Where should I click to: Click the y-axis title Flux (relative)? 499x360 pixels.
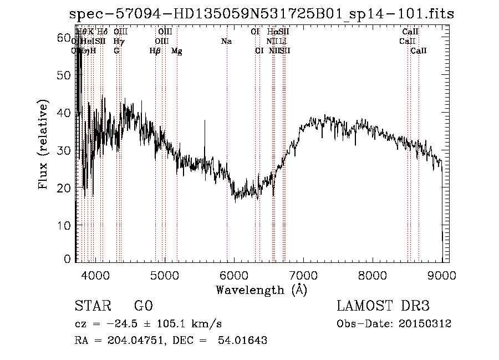click(x=43, y=145)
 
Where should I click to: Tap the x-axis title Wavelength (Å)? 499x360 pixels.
click(x=261, y=290)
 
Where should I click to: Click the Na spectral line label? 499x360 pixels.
click(x=226, y=41)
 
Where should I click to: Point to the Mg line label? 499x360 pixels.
click(x=177, y=50)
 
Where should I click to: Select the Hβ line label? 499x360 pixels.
click(x=155, y=50)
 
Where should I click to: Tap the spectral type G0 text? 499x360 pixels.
click(x=143, y=306)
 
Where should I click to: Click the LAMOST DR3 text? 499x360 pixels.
click(x=383, y=306)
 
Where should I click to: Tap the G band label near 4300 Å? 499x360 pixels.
click(x=116, y=50)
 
